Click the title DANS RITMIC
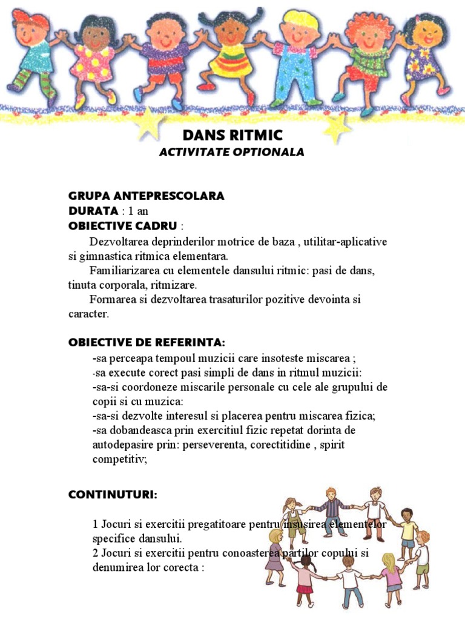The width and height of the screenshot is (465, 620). tap(232, 134)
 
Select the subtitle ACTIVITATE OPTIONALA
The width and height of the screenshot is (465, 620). tap(232, 152)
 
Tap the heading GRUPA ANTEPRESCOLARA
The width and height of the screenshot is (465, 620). tap(147, 196)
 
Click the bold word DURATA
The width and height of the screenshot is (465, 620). tap(93, 211)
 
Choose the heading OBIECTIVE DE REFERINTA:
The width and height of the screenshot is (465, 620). tap(147, 343)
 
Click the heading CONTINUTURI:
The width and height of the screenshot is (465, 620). tap(113, 495)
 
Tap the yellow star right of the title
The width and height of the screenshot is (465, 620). tap(337, 128)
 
